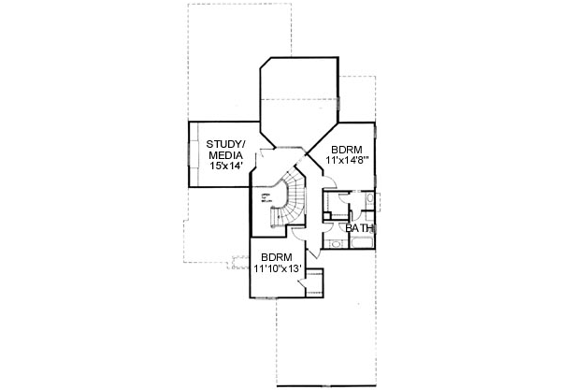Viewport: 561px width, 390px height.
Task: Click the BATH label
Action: tap(359, 228)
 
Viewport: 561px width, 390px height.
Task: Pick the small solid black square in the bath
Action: tap(325, 218)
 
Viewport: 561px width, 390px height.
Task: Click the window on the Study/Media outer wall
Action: tap(193, 154)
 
